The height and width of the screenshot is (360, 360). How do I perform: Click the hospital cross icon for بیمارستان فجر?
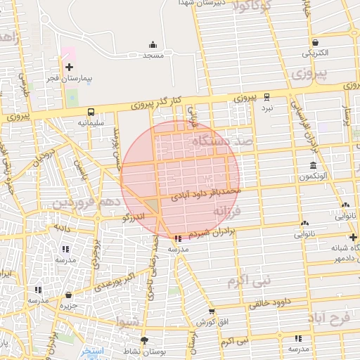[69, 67]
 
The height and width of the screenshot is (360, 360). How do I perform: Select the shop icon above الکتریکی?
[314, 42]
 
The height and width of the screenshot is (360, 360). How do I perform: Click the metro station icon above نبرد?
[267, 98]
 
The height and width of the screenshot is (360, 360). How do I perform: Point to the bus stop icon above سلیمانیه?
[91, 112]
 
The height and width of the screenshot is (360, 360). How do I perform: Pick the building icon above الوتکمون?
[312, 166]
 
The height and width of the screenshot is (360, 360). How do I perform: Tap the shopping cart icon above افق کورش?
[212, 311]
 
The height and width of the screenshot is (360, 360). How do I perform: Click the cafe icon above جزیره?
[68, 295]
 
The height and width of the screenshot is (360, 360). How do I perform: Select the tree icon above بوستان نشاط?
[144, 340]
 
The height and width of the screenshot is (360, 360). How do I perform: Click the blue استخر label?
[93, 349]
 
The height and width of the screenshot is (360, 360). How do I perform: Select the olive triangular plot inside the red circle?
[152, 206]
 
